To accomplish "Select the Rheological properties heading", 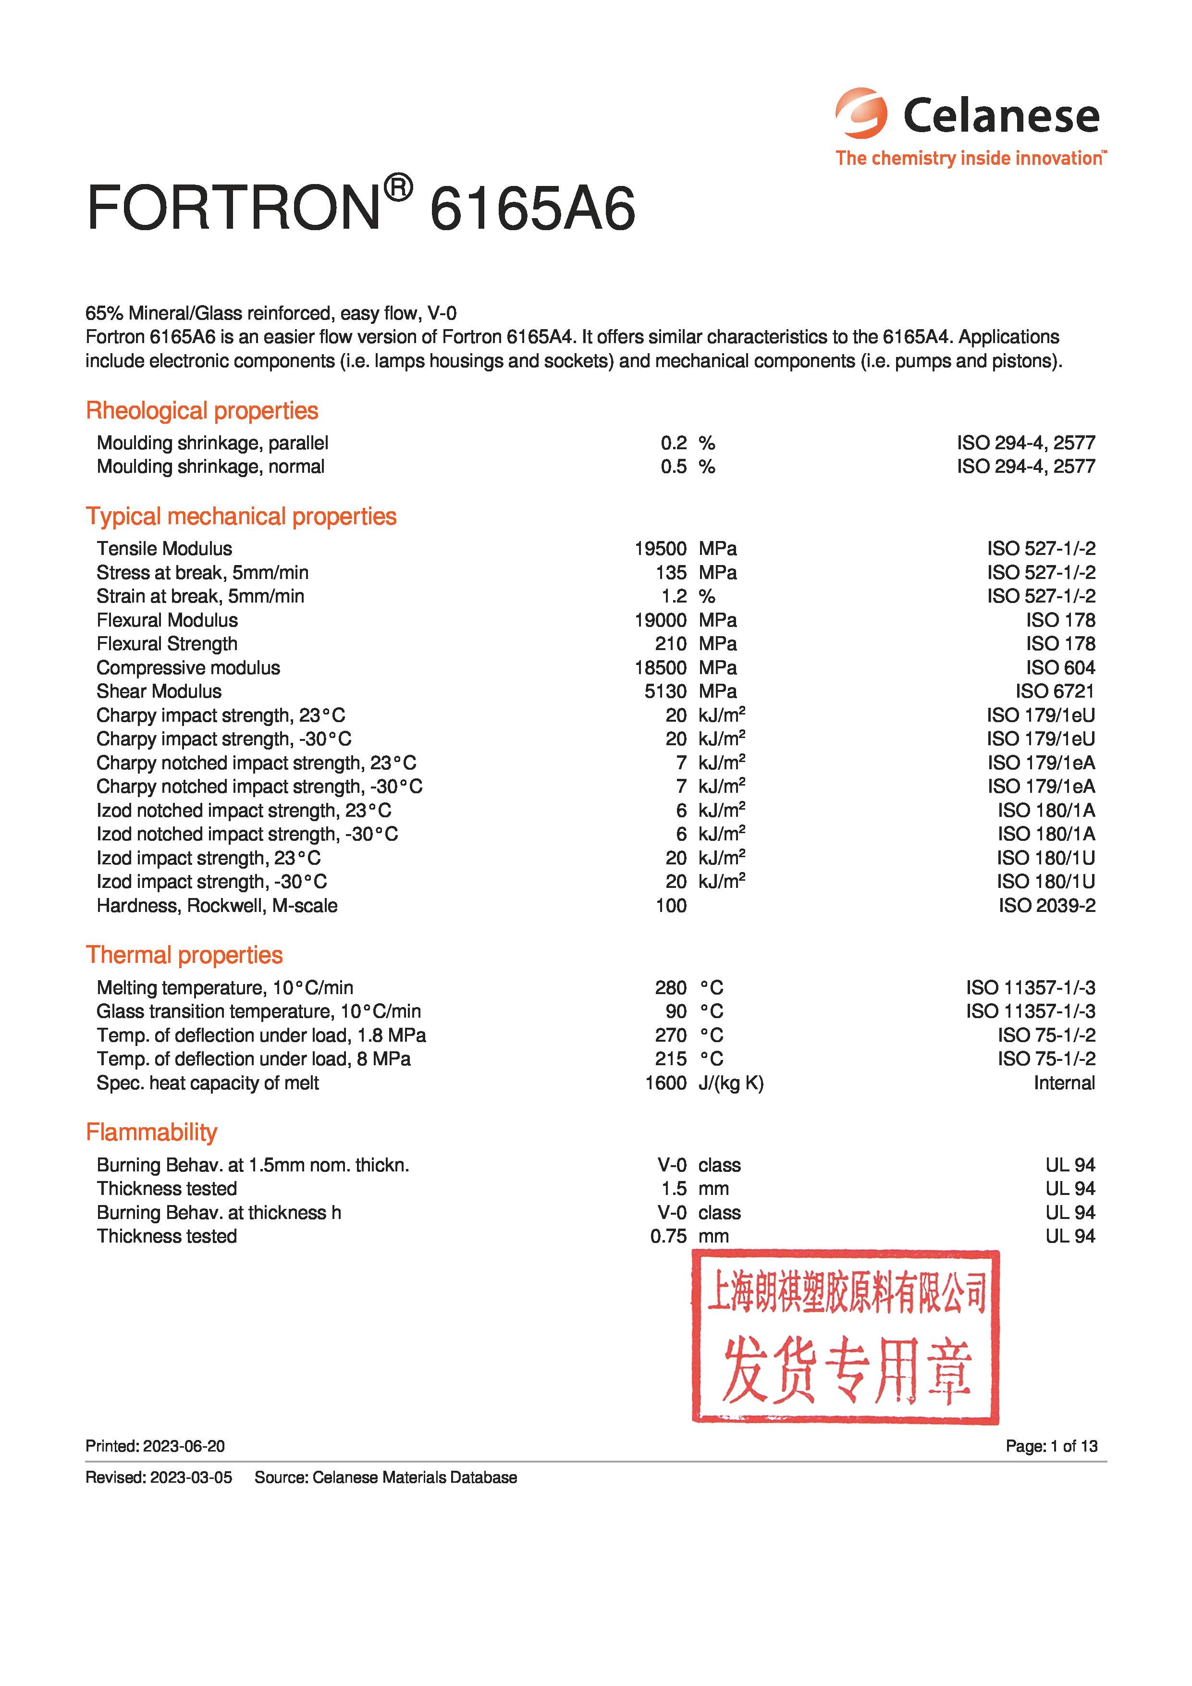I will coord(202,410).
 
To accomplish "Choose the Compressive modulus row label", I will coord(188,667).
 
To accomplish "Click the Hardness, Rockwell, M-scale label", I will coord(217,905).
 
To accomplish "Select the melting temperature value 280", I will coord(671,988).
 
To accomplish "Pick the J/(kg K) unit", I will coord(731,1083).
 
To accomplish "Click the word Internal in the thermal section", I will coord(1064,1083).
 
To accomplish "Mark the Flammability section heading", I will coord(151,1132).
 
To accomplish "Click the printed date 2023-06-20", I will coord(184,1446).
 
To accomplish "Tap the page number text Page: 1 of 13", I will coord(1051,1446).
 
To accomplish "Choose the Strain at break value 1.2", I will coord(674,596).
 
